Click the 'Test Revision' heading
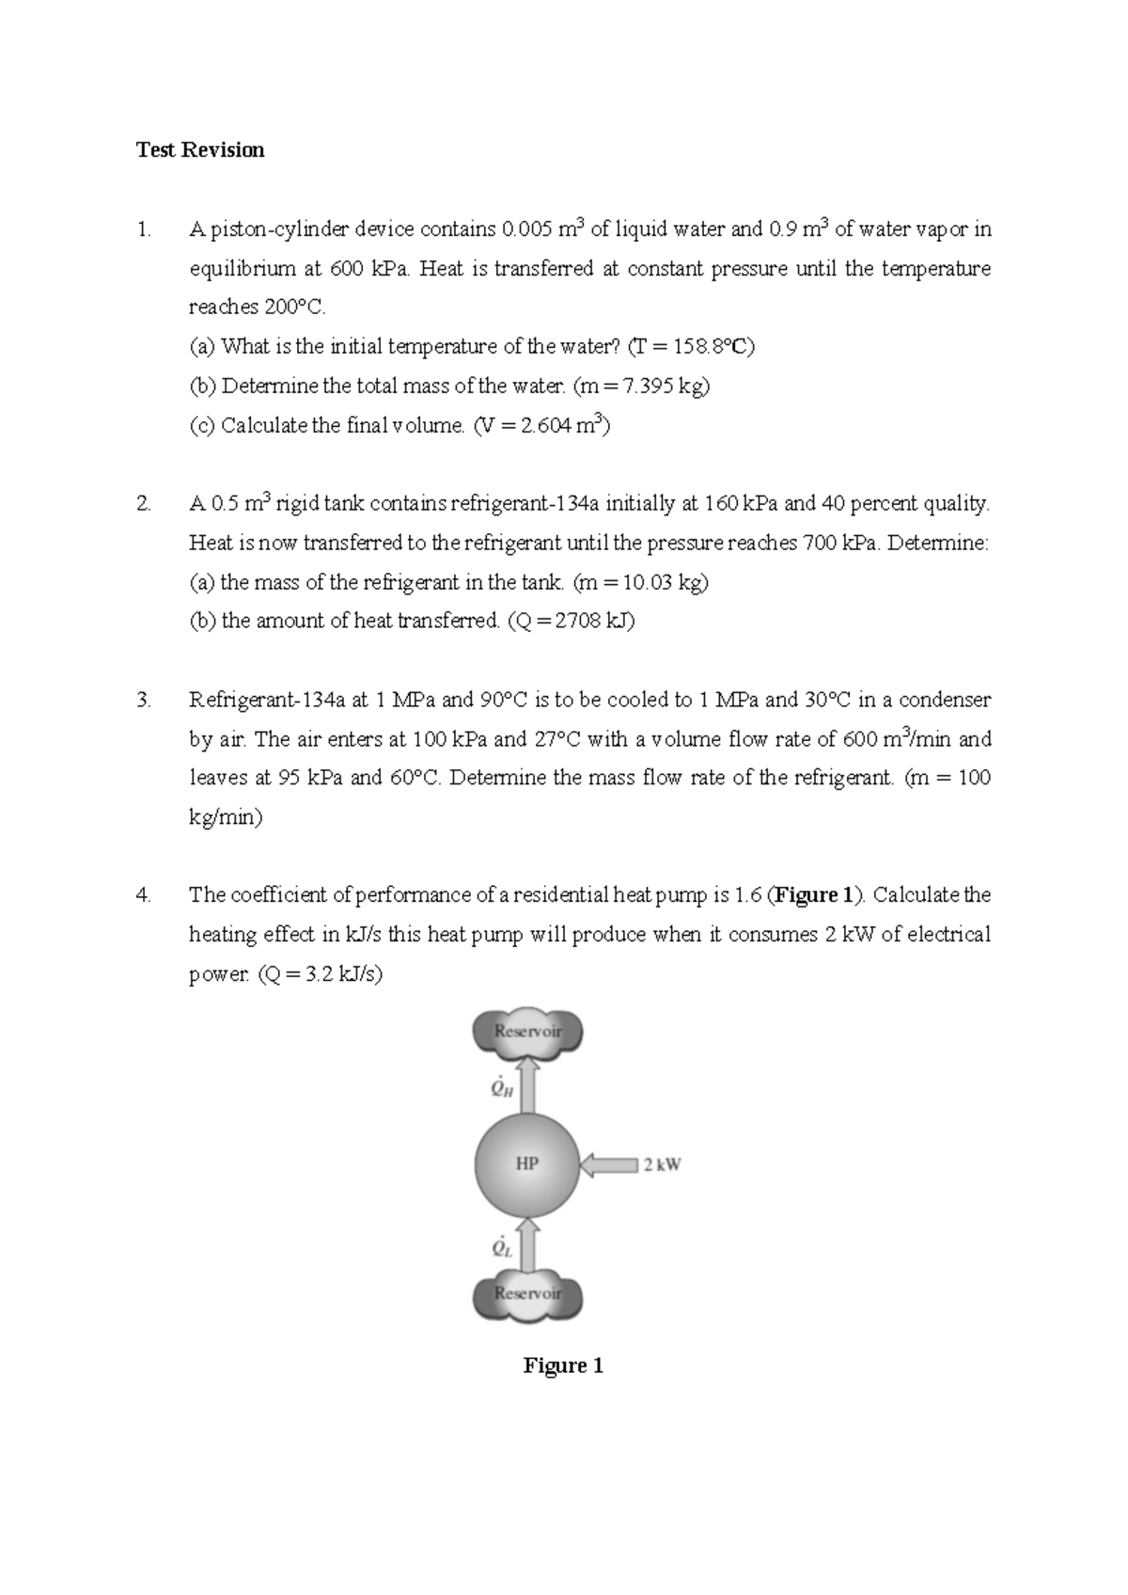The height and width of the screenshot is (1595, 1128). point(200,150)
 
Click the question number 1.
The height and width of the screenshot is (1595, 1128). point(143,229)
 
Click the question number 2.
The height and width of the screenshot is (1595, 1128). point(143,504)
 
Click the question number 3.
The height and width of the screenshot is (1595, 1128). point(143,700)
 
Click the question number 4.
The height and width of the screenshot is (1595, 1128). point(143,895)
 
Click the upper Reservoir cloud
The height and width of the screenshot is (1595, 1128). point(527,1032)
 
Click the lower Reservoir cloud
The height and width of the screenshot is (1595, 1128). point(527,1294)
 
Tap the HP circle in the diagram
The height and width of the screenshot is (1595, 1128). point(526,1164)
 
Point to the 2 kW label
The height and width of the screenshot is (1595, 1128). point(663,1165)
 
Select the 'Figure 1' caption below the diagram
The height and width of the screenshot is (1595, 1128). point(563,1366)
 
